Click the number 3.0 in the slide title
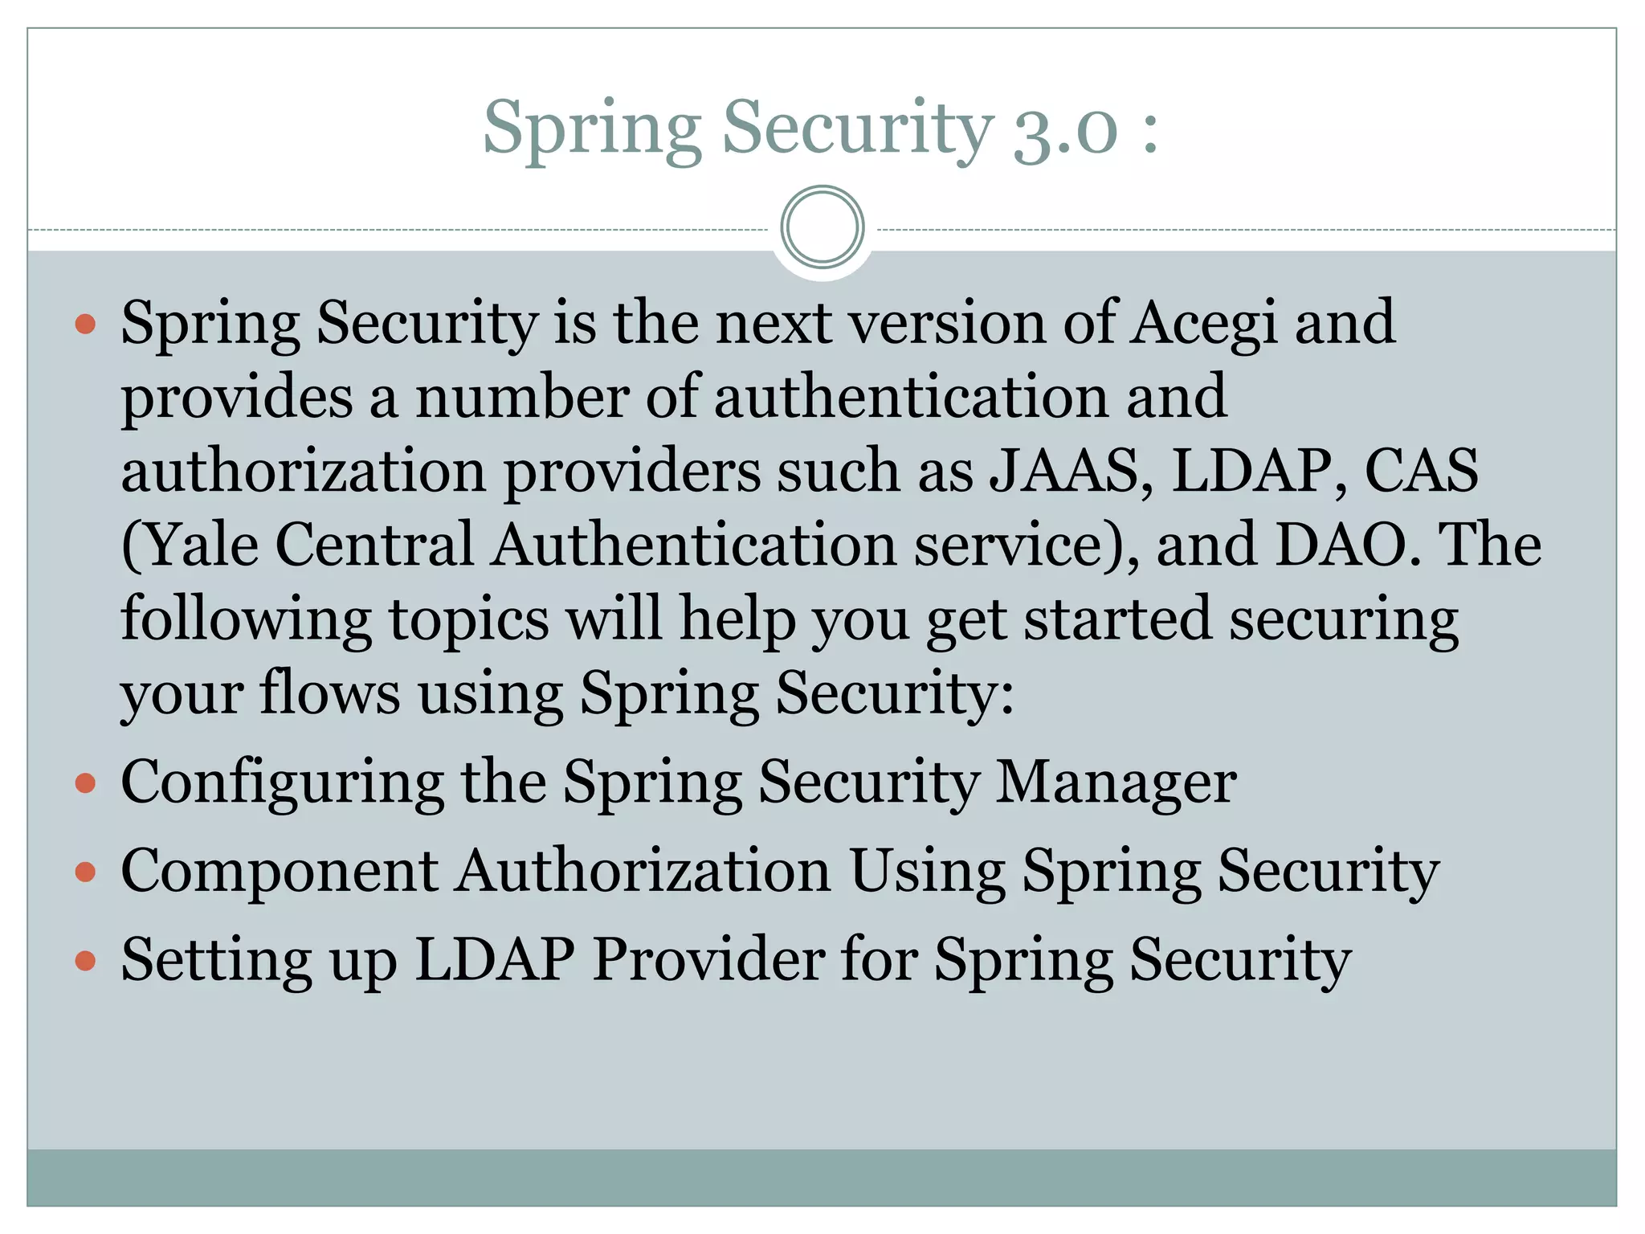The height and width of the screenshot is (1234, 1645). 1065,130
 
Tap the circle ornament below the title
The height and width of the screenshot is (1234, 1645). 822,227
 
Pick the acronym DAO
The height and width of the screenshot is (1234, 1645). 1340,545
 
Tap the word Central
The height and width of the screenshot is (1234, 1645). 374,545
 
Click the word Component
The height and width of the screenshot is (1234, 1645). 280,872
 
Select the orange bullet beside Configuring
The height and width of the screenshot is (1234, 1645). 85,783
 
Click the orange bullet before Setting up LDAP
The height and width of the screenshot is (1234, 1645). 85,961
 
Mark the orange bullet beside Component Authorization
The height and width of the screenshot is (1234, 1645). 85,872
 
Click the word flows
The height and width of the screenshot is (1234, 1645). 329,693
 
